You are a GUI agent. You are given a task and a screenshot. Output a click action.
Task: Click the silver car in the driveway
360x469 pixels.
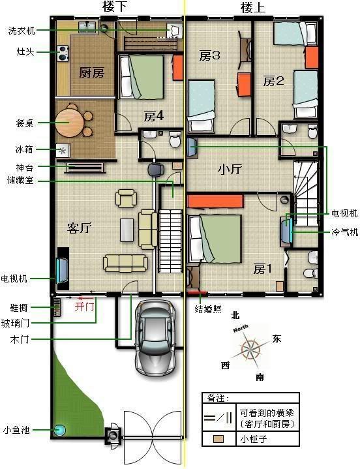(155, 337)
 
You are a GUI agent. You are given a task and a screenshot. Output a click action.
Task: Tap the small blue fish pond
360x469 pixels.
(59, 430)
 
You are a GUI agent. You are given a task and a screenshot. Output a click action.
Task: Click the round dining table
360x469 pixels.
(69, 123)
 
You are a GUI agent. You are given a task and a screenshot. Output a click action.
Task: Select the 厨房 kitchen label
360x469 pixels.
(91, 72)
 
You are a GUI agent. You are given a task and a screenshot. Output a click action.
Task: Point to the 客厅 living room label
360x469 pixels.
(79, 228)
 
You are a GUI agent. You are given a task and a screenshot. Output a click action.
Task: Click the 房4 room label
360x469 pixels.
(153, 116)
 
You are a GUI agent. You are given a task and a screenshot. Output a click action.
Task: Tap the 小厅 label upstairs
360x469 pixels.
(230, 170)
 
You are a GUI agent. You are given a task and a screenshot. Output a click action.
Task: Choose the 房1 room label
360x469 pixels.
(263, 269)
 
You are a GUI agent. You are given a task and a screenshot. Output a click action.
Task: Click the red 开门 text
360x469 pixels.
(84, 307)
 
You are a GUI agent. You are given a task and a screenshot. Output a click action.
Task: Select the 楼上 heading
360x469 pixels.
(253, 7)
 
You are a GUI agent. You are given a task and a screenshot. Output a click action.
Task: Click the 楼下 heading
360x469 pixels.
(115, 7)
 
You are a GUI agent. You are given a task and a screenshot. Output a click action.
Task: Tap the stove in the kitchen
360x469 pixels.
(63, 53)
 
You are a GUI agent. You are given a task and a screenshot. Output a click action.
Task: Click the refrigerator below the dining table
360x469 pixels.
(63, 151)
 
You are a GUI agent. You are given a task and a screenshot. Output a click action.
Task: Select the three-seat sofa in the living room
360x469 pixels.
(126, 264)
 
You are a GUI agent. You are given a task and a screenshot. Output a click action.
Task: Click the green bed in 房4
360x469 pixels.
(142, 77)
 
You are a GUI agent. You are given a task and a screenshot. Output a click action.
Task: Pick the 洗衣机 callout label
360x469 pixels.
(22, 31)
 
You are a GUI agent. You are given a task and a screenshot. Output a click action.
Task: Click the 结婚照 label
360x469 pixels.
(208, 309)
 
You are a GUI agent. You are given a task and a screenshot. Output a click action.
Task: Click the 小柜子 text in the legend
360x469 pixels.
(254, 439)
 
